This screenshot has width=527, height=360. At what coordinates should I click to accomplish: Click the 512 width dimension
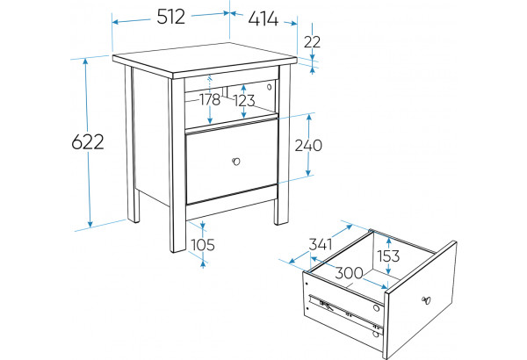[170, 17]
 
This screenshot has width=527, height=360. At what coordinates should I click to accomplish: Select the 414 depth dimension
[263, 18]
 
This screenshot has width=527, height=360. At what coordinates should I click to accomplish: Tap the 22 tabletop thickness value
[312, 42]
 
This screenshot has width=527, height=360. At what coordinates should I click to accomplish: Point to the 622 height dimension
[88, 141]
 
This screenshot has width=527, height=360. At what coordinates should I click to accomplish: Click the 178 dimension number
[210, 99]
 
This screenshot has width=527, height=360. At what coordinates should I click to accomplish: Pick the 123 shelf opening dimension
[244, 100]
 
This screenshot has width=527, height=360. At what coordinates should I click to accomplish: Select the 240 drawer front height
[308, 146]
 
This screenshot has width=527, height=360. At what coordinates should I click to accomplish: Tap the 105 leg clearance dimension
[203, 245]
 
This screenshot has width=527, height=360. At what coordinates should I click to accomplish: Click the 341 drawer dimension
[321, 244]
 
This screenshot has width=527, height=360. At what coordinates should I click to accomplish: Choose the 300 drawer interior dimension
[349, 273]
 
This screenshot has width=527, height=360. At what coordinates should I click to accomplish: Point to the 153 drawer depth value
[388, 256]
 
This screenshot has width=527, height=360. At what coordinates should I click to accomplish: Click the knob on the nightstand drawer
[236, 162]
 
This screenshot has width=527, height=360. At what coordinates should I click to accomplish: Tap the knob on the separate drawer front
[426, 300]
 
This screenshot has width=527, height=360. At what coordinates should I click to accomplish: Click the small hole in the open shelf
[269, 87]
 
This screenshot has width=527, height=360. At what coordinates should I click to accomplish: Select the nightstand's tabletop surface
[205, 58]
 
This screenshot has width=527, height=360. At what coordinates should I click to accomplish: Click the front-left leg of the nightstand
[177, 165]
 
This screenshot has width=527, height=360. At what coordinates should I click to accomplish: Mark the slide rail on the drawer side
[346, 311]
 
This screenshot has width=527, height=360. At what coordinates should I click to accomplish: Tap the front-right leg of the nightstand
[283, 145]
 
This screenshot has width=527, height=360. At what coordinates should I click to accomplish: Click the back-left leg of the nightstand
[132, 144]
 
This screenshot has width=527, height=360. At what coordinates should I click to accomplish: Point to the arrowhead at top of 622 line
[86, 61]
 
